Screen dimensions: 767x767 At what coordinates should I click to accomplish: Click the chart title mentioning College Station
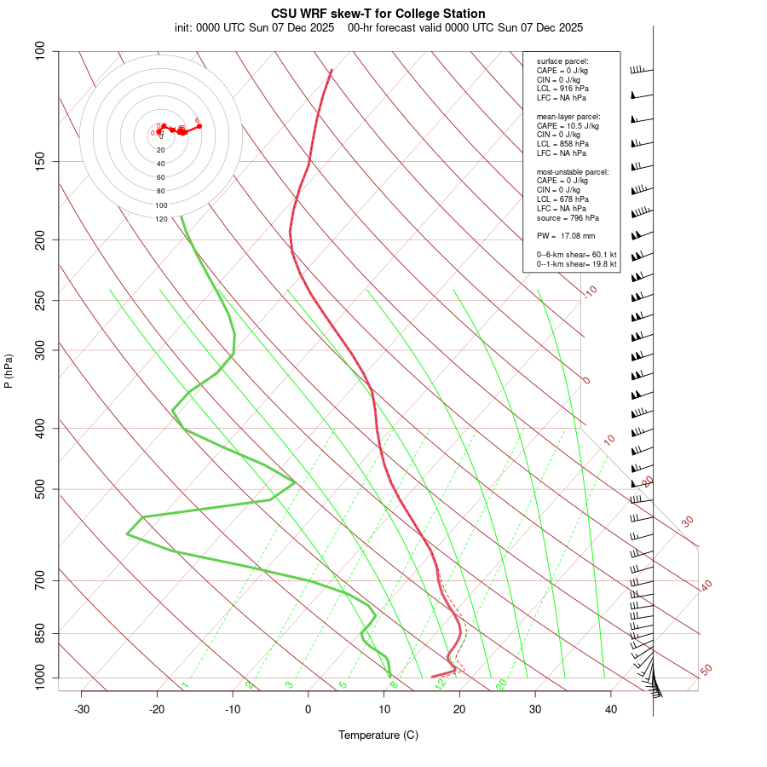pyautogui.click(x=378, y=14)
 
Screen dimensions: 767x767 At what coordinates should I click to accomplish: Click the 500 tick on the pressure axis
pyautogui.click(x=40, y=489)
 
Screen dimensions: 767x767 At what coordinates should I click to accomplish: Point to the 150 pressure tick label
pyautogui.click(x=40, y=161)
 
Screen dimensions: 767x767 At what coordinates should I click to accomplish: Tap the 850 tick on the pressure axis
pyautogui.click(x=40, y=633)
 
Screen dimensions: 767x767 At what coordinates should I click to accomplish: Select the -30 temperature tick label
pyautogui.click(x=82, y=709)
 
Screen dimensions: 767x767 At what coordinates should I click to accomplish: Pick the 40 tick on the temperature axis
pyautogui.click(x=611, y=709)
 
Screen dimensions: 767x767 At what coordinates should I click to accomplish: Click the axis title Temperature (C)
pyautogui.click(x=378, y=735)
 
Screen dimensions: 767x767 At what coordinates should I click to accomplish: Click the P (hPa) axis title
pyautogui.click(x=9, y=371)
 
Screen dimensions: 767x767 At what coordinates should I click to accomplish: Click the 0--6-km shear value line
pyautogui.click(x=576, y=254)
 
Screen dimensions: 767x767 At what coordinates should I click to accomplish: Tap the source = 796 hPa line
pyautogui.click(x=566, y=217)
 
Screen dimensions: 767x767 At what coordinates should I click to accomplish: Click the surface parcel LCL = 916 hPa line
pyautogui.click(x=562, y=89)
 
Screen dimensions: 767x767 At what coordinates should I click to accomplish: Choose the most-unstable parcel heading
pyautogui.click(x=573, y=171)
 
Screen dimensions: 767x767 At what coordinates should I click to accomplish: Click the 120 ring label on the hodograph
pyautogui.click(x=161, y=219)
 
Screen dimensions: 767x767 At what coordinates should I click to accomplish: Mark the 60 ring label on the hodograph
pyautogui.click(x=161, y=177)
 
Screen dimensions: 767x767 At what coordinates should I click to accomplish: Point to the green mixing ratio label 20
pyautogui.click(x=502, y=683)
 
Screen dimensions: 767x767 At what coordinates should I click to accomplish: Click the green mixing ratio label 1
pyautogui.click(x=185, y=685)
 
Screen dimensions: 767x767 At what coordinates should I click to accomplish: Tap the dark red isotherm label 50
pyautogui.click(x=706, y=671)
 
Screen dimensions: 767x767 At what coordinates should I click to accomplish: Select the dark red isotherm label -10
pyautogui.click(x=590, y=291)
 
